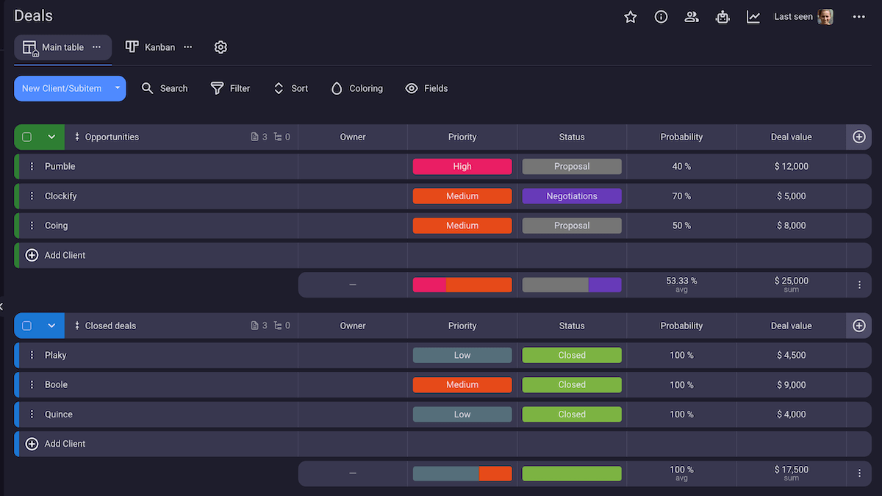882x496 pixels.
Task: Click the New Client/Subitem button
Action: tap(62, 88)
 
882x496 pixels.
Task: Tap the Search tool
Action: tap(165, 88)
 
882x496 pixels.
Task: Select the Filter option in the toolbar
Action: tap(230, 88)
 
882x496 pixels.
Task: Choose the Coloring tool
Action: tap(356, 88)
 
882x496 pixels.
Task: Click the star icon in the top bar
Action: tap(630, 17)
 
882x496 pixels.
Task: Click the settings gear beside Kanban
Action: tap(220, 47)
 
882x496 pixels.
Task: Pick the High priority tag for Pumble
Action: tap(462, 167)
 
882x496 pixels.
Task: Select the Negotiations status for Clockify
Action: tap(572, 196)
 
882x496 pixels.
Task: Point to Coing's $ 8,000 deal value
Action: tap(791, 226)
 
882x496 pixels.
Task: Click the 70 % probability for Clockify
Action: tap(681, 196)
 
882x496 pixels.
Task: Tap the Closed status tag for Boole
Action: tap(572, 384)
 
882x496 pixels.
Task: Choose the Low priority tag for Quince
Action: tap(462, 414)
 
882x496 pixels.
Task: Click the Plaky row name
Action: tap(56, 355)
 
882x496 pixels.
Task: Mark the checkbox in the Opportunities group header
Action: tap(27, 137)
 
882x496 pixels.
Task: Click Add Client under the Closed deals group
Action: tap(65, 444)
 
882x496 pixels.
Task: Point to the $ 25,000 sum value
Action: tap(791, 281)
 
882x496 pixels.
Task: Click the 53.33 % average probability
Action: tap(681, 281)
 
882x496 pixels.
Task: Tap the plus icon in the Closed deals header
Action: tap(858, 326)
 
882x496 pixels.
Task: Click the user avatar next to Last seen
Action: tap(825, 17)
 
